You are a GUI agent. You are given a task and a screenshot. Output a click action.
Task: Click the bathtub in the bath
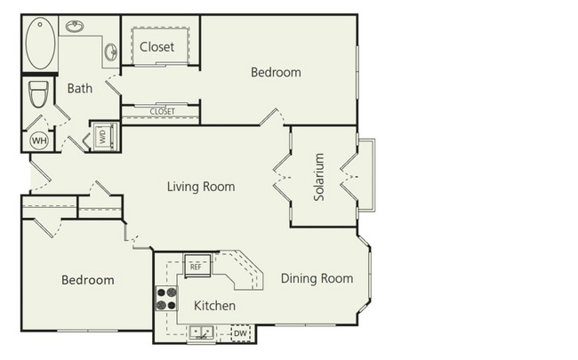[x=41, y=44]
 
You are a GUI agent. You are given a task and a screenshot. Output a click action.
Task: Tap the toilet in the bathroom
[x=38, y=93]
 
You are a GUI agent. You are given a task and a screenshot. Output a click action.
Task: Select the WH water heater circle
[x=39, y=140]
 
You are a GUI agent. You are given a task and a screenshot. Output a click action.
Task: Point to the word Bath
[x=80, y=88]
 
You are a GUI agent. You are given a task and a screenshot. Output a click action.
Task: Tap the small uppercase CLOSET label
[x=162, y=112]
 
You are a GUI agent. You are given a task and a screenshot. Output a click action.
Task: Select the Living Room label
[x=201, y=187]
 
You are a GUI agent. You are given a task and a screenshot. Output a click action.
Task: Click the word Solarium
[x=319, y=177]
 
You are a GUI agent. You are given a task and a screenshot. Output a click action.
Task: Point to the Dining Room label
[x=317, y=278]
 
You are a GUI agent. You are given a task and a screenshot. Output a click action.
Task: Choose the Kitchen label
[x=214, y=306]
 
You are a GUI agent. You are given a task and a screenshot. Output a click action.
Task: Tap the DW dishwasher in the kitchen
[x=241, y=333]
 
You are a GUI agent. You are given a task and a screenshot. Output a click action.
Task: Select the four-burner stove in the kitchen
[x=166, y=298]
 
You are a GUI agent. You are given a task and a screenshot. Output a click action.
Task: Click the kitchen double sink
[x=200, y=333]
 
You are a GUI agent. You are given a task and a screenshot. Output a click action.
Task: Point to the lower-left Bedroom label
[x=87, y=280]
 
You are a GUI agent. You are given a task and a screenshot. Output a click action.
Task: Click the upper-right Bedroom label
[x=275, y=72]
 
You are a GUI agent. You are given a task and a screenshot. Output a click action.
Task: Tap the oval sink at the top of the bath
[x=76, y=27]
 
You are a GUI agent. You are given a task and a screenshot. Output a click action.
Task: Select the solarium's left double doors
[x=282, y=176]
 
